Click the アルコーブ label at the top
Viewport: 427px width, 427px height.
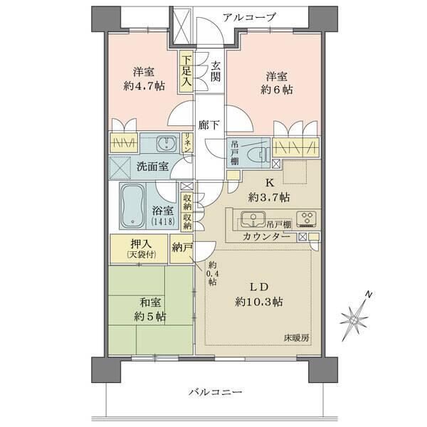[x=248, y=17]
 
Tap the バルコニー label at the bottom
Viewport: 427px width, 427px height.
[x=216, y=392]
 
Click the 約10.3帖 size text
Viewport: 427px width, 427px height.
[x=259, y=302]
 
